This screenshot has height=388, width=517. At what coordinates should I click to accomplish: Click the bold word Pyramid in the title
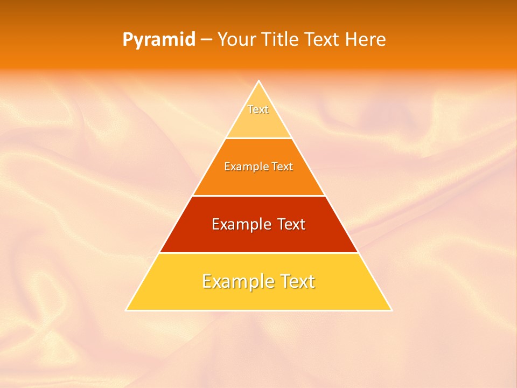point(159,40)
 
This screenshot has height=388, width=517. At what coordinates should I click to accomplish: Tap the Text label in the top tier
point(258,109)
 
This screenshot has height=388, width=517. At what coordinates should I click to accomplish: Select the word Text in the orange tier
point(282,167)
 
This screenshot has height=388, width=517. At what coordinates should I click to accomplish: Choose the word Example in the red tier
point(239,224)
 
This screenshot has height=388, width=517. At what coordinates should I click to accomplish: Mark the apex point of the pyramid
point(258,81)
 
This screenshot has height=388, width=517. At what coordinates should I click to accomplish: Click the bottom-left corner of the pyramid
point(125,310)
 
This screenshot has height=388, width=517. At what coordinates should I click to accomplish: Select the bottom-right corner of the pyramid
point(392,310)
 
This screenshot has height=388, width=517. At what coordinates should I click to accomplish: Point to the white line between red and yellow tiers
point(258,253)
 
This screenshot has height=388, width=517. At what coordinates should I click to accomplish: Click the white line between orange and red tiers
point(258,196)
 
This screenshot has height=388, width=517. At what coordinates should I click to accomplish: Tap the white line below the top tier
point(258,138)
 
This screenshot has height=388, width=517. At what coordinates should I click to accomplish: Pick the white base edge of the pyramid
point(258,310)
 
